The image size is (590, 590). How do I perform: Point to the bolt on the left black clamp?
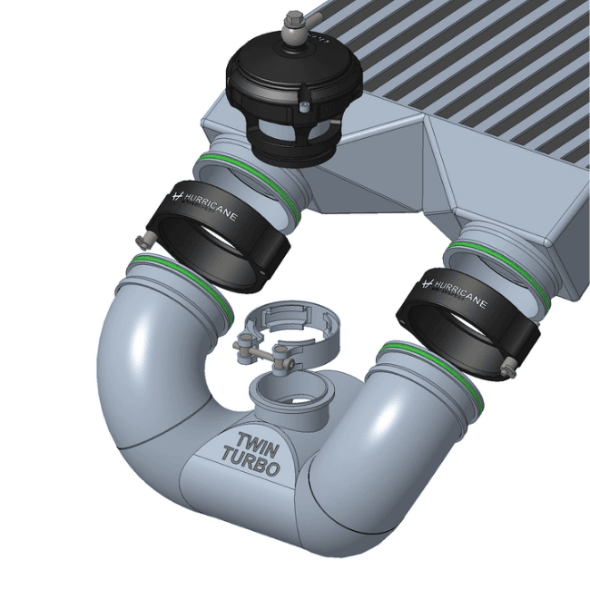coord(141,241)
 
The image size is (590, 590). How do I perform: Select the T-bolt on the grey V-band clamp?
coord(263,353)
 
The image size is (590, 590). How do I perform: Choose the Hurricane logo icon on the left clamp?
coord(177,195)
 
